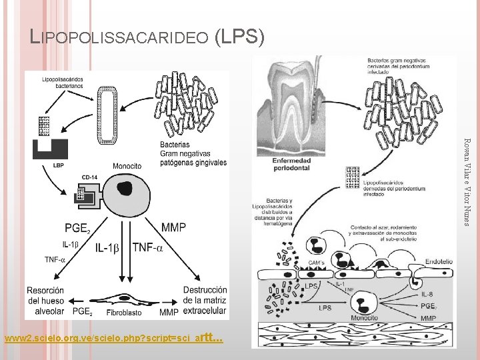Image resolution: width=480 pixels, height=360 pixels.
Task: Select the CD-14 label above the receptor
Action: [x=90, y=177]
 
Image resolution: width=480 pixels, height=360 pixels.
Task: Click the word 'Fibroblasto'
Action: [x=123, y=312]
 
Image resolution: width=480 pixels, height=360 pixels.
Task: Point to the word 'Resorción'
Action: [x=45, y=290]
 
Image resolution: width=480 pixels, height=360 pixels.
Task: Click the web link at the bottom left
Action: [x=113, y=339]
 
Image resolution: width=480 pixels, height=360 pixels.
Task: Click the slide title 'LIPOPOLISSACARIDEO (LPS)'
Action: [x=148, y=37]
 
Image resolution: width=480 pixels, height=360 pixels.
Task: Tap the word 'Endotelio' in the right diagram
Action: [x=437, y=262]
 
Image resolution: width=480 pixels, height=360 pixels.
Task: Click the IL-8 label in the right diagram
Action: [x=429, y=293]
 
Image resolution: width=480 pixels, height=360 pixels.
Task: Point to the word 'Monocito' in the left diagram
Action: [x=127, y=165]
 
